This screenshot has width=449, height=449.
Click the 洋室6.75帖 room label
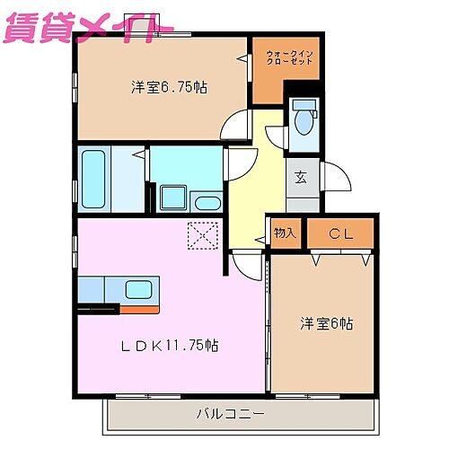point(170,87)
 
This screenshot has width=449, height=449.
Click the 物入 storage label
point(285,233)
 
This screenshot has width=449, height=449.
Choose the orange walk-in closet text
point(289,61)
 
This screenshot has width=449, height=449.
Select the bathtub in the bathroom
point(93,179)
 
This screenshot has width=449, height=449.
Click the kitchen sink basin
point(138,289)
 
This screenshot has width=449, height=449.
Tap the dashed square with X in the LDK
point(203,236)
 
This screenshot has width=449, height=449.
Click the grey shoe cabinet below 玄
point(303,204)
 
